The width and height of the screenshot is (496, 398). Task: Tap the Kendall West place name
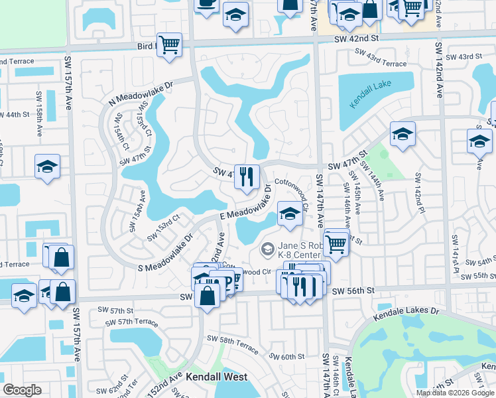pyautogui.click(x=216, y=377)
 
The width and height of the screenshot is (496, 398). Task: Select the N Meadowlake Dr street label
pyautogui.click(x=140, y=93)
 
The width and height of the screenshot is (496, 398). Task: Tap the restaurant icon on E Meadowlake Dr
pyautogui.click(x=247, y=176)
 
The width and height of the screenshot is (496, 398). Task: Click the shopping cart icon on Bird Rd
pyautogui.click(x=170, y=45)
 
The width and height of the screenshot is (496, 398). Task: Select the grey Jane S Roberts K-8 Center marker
pyautogui.click(x=267, y=249)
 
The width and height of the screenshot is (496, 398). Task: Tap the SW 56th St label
pyautogui.click(x=353, y=291)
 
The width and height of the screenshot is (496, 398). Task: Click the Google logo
pyautogui.click(x=22, y=390)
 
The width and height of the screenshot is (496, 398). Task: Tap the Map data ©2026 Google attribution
pyautogui.click(x=455, y=393)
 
